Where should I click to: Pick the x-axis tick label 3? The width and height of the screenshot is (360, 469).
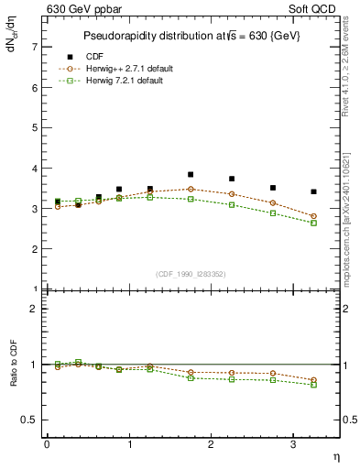[292, 444]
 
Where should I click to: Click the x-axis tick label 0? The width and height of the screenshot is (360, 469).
[47, 444]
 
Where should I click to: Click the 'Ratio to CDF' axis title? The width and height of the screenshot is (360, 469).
[14, 365]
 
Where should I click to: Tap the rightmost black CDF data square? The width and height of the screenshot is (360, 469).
[313, 191]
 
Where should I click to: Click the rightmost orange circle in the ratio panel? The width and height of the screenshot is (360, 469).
[313, 380]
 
